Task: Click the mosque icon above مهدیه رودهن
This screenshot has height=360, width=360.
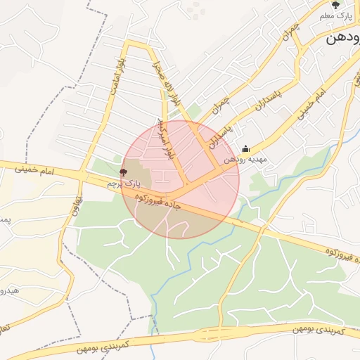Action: point(245,148)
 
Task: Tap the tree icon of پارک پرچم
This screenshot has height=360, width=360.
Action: point(124,172)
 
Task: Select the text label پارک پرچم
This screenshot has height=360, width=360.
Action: point(119,184)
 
